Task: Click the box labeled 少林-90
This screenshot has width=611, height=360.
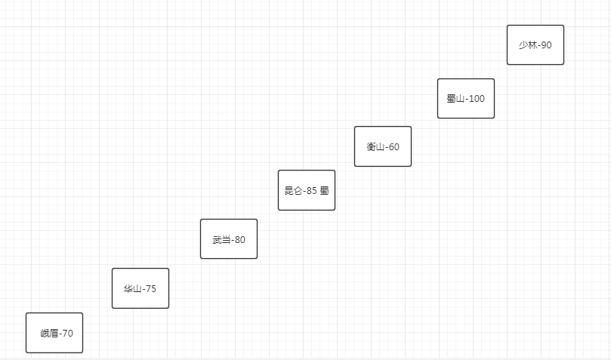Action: pos(535,45)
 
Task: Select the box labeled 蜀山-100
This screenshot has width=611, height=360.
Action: pos(465,99)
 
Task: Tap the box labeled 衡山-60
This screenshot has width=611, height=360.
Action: pos(383,146)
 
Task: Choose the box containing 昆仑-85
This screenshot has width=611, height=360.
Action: pos(306,190)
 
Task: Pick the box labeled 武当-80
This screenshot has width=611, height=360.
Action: pos(228,239)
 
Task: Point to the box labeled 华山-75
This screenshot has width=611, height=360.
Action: pos(140,288)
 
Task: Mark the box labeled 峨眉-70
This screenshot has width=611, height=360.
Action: pos(54,333)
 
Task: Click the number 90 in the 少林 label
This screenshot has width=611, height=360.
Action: pos(545,45)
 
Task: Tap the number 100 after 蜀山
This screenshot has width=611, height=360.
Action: pos(477,99)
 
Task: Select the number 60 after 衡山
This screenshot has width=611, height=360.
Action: pos(393,147)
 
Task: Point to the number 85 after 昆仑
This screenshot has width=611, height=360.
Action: pos(311,191)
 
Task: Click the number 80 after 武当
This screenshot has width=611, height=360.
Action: pos(239,240)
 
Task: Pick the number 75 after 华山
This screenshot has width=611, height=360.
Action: pos(150,288)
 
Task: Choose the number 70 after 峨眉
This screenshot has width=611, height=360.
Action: pos(67,334)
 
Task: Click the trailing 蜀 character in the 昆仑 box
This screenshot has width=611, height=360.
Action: pos(324,191)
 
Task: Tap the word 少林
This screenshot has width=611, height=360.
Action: pos(527,45)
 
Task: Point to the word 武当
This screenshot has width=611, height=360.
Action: pos(221,240)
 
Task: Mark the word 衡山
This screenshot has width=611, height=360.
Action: pos(375,147)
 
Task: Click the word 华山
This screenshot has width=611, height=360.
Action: pos(132,288)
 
